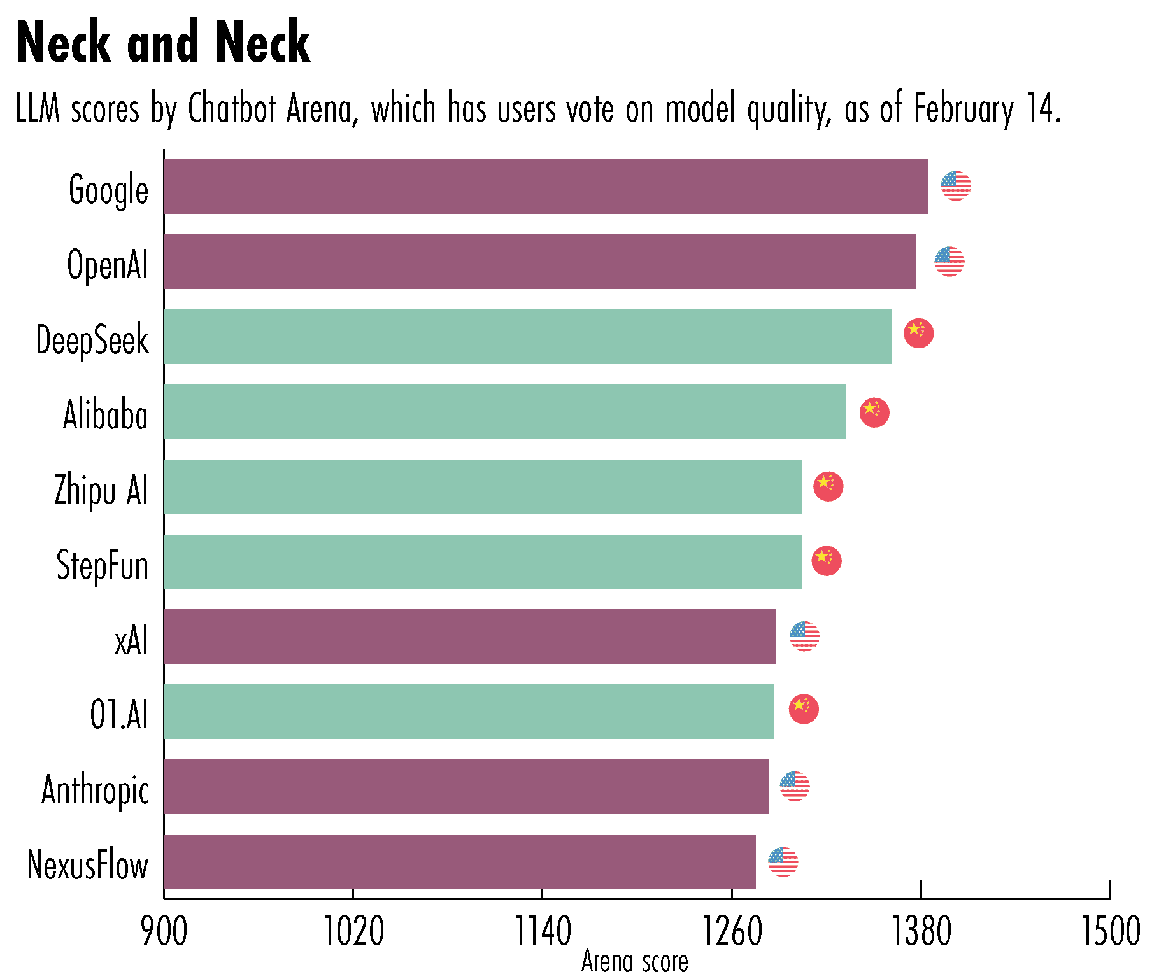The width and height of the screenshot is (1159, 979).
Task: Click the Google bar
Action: coord(545,187)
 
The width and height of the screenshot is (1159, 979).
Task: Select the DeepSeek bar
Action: coord(527,337)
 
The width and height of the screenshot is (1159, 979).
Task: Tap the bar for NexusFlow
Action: coord(459,862)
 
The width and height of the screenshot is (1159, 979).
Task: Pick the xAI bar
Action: coord(469,637)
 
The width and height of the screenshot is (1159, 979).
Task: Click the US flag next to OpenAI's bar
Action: coord(949,262)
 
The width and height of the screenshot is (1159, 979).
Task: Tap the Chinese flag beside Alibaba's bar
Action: coord(874,412)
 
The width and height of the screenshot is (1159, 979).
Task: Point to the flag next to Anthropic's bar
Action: coord(794,786)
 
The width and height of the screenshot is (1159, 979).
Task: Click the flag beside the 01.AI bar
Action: coord(803,708)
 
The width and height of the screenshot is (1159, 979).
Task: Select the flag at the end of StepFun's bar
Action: coord(826,561)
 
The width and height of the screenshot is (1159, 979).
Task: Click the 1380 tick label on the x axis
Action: coord(920,932)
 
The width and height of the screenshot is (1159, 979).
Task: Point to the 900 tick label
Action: coord(164,932)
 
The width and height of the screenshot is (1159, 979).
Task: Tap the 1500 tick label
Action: coord(1110,932)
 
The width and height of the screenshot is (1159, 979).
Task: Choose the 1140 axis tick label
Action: coord(542,932)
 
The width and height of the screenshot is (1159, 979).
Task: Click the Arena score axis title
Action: coord(634,962)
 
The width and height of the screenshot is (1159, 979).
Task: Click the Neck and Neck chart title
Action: coord(163,43)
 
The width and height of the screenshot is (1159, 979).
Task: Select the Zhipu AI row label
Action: coord(101,490)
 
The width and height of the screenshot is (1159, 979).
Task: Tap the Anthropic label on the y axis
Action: coord(95,790)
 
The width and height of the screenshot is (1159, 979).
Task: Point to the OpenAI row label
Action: coord(107,265)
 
